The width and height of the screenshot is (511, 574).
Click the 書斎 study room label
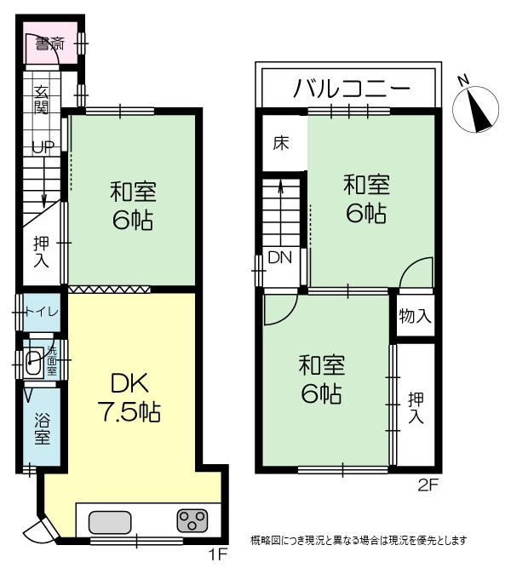click(x=49, y=44)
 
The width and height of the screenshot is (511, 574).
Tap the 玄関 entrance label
click(x=41, y=100)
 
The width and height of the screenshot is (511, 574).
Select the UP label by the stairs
click(x=43, y=147)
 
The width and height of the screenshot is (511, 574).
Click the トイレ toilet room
click(x=42, y=313)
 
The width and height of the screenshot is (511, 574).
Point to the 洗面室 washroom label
click(x=52, y=360)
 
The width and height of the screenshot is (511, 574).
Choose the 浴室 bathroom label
click(x=42, y=428)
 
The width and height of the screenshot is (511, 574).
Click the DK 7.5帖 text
click(x=129, y=398)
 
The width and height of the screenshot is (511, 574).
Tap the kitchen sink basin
click(x=110, y=522)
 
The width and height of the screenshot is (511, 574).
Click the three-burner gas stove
click(x=192, y=520)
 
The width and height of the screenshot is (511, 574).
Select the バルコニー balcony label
click(x=351, y=89)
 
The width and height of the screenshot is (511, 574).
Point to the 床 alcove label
click(x=281, y=143)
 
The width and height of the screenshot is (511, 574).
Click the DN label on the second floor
click(x=280, y=257)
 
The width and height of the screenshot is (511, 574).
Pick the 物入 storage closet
click(x=416, y=316)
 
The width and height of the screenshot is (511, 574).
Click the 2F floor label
click(x=428, y=485)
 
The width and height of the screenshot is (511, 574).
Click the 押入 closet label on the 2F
click(x=416, y=408)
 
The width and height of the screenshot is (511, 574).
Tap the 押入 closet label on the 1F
click(x=41, y=252)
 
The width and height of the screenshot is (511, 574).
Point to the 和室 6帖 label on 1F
click(x=133, y=206)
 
